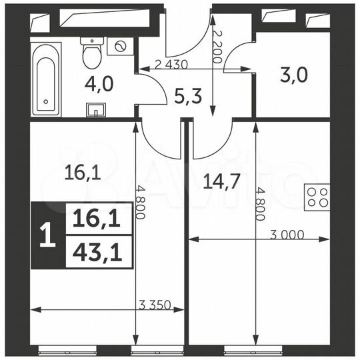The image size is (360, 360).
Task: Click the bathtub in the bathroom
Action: coord(47,79)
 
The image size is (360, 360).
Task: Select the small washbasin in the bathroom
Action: coord(92,109)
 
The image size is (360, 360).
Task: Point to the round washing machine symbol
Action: coord(121,47)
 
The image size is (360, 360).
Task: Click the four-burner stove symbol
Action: coord(317,197)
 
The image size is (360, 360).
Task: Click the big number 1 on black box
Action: coord(47,237)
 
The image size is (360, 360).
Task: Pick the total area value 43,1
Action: coord(97,253)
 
